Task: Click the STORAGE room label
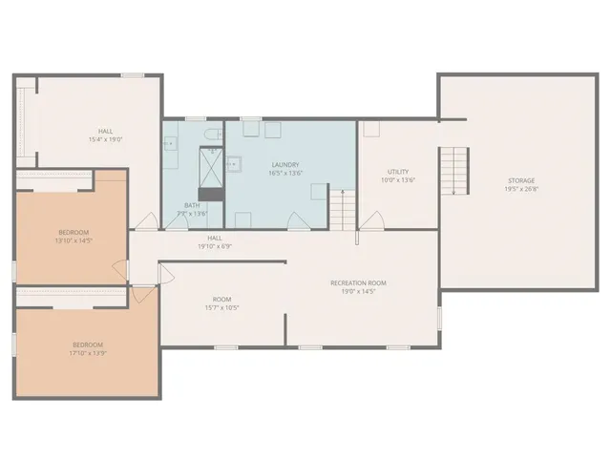coord(521,180)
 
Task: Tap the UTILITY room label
coord(399,172)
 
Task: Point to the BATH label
coord(192,205)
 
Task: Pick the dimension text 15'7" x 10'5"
coord(221,308)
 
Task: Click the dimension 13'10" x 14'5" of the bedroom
coord(74,241)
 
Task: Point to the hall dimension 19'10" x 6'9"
coord(215,246)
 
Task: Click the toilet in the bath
coord(213,134)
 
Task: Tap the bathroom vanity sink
coord(170,145)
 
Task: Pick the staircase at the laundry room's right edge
coord(341,207)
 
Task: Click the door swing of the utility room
coord(372,220)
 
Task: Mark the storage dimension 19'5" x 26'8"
coord(521,189)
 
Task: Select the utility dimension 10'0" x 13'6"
coord(399,180)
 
